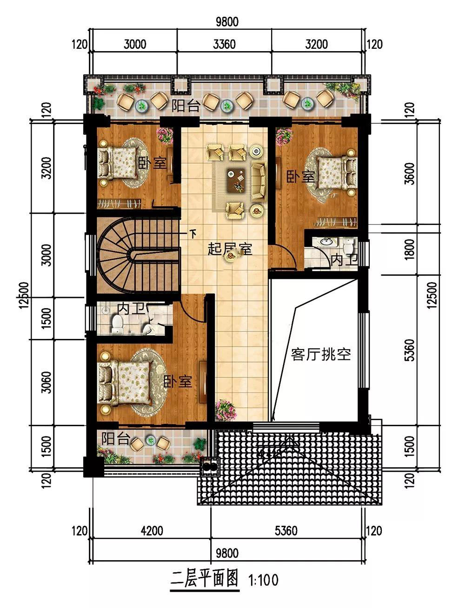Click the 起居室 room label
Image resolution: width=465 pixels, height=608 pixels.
(x=230, y=249)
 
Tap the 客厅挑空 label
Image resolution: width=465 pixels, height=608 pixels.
(x=321, y=354)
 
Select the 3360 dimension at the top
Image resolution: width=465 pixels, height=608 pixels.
(x=224, y=44)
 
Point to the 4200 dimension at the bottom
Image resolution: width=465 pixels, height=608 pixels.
(x=152, y=531)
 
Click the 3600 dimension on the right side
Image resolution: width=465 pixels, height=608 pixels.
(x=410, y=174)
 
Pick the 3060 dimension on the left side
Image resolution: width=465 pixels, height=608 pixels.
(x=46, y=382)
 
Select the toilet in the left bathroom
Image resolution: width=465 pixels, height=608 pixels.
(x=117, y=324)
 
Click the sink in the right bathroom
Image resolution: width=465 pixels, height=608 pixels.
(x=327, y=242)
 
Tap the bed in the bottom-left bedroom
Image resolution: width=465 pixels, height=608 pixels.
(x=125, y=383)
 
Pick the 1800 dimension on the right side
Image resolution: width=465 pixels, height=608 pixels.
(x=410, y=249)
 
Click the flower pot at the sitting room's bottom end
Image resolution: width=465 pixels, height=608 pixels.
(x=226, y=410)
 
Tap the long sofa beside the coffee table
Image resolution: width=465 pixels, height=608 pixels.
(x=259, y=181)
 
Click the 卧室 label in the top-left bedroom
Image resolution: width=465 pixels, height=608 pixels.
(x=153, y=163)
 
